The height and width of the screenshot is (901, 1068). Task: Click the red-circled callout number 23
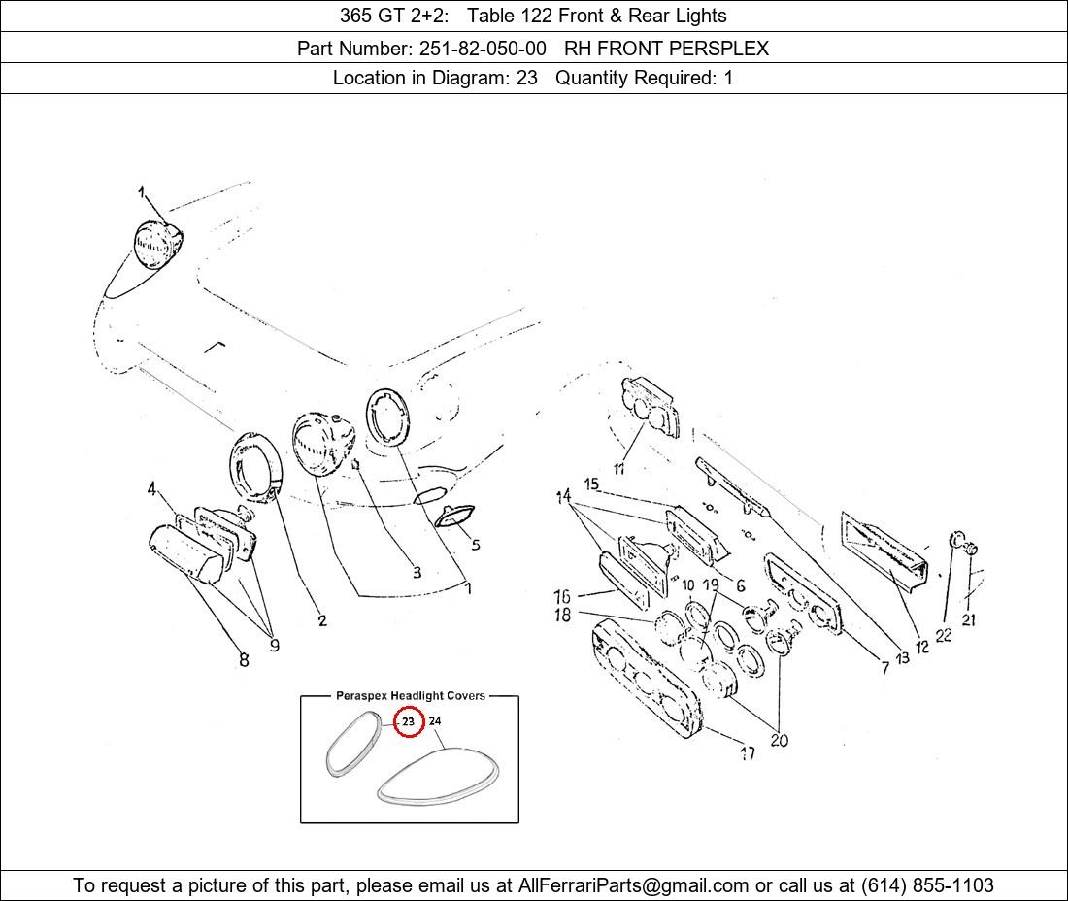[x=408, y=721]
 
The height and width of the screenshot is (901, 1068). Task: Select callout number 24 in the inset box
[x=435, y=720]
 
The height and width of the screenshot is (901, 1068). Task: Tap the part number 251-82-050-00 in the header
[x=483, y=49]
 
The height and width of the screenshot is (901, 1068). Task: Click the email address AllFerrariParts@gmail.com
[x=633, y=885]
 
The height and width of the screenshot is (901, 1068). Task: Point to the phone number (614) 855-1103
[x=927, y=885]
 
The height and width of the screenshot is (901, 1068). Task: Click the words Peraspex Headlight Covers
[x=411, y=696]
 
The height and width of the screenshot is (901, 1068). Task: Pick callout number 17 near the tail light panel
[x=748, y=753]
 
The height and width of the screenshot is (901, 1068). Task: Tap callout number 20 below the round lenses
[x=780, y=740]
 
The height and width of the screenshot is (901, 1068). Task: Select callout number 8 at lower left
[x=244, y=659]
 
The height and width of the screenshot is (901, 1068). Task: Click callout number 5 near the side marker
[x=476, y=545]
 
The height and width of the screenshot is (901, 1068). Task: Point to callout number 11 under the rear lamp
[x=619, y=469]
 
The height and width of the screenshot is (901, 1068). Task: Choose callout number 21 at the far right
[x=969, y=619]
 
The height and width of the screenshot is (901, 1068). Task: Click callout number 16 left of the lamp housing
[x=562, y=596]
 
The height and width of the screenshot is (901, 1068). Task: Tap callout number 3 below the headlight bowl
[x=417, y=572]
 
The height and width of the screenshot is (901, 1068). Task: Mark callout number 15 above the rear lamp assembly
[x=592, y=484]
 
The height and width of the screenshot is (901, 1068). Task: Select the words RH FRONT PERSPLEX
[x=666, y=49]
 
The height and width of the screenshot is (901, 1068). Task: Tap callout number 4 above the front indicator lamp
[x=151, y=488]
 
